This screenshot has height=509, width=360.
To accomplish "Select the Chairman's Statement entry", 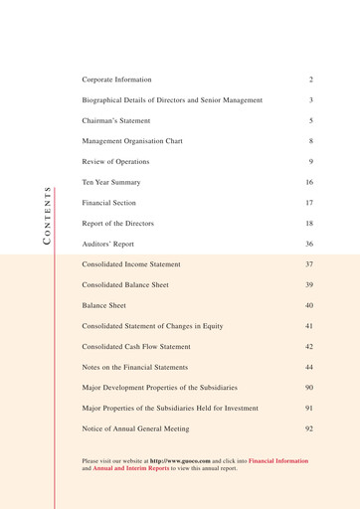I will coord(118,120).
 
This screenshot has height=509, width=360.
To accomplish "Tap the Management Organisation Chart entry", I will coord(138,141).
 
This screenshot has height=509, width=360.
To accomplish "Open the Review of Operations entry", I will coord(115,162).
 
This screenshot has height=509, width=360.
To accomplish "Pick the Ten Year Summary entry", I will coord(111,183).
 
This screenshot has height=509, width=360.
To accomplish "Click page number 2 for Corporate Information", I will coord(311,78).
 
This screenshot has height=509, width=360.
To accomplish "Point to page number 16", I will coord(309,183).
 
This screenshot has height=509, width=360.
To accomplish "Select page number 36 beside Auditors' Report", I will coord(309,244).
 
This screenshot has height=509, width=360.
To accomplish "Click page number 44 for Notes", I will coord(309,368).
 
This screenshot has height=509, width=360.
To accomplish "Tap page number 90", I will coord(309,388).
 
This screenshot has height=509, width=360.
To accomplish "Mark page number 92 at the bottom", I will coord(309,428).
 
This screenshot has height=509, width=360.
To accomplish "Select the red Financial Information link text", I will coord(278,461).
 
